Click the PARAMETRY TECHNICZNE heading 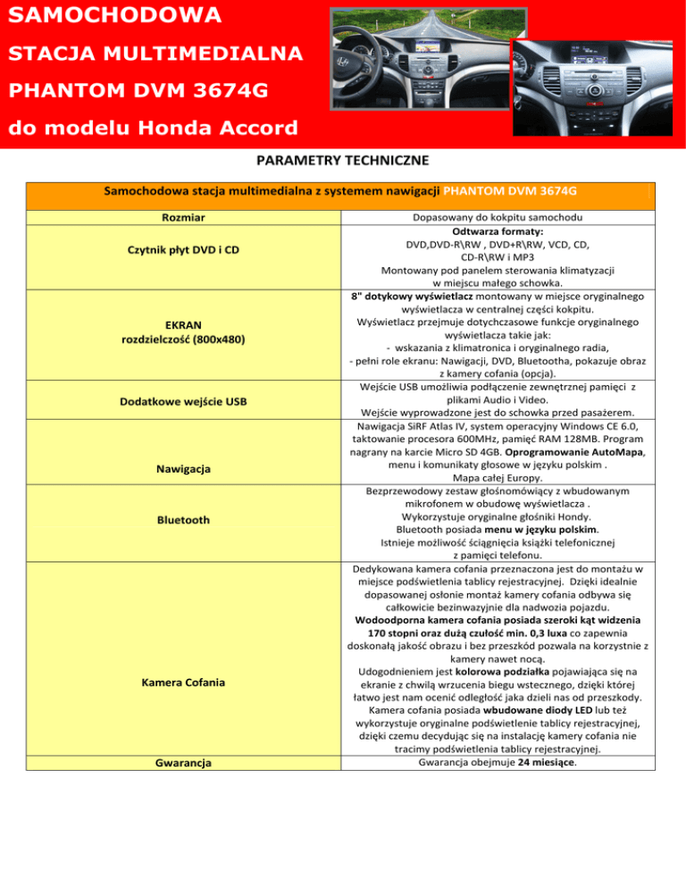(342, 161)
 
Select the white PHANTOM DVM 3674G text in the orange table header (509, 191)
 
